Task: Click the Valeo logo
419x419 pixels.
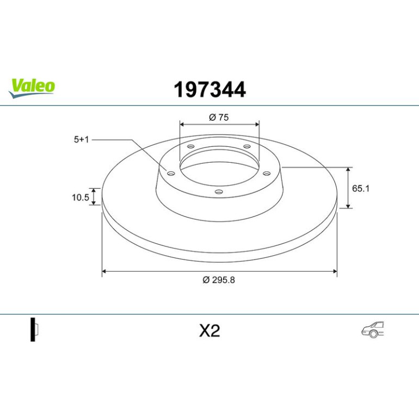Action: click(32, 89)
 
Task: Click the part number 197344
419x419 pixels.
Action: click(209, 90)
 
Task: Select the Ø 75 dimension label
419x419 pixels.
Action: click(219, 118)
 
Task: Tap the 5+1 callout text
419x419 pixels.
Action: click(81, 139)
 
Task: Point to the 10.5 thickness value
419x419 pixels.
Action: click(81, 198)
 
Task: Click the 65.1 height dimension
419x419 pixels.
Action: click(360, 188)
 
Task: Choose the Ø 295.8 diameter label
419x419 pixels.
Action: click(219, 280)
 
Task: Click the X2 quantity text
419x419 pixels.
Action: click(209, 331)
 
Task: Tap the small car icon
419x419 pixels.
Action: click(373, 329)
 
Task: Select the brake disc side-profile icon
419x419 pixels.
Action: click(34, 329)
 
